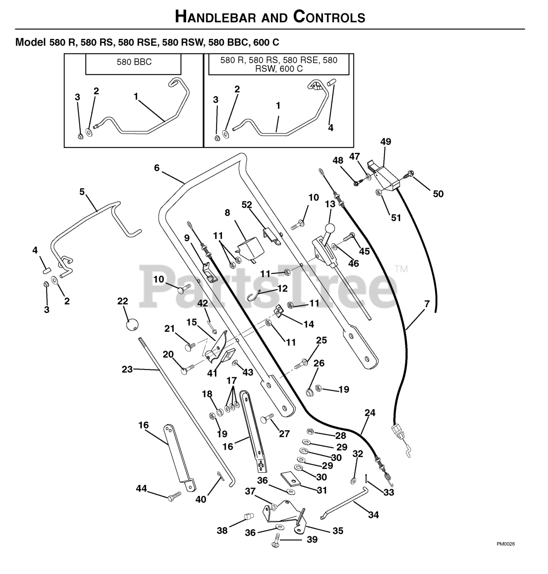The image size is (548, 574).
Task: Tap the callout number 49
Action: click(386, 142)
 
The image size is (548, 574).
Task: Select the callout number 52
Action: click(247, 204)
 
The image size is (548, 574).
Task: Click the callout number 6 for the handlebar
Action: click(157, 168)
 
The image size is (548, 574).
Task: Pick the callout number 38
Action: click(222, 531)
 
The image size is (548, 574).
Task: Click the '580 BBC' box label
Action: click(134, 62)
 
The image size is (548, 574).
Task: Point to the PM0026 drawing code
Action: click(506, 544)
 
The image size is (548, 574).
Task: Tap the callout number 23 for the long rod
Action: click(127, 369)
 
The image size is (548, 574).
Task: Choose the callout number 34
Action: click(374, 515)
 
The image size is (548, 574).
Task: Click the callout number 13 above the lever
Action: click(331, 204)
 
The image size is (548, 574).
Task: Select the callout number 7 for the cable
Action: click(427, 303)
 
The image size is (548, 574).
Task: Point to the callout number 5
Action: click(82, 191)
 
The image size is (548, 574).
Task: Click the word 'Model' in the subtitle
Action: click(30, 42)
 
